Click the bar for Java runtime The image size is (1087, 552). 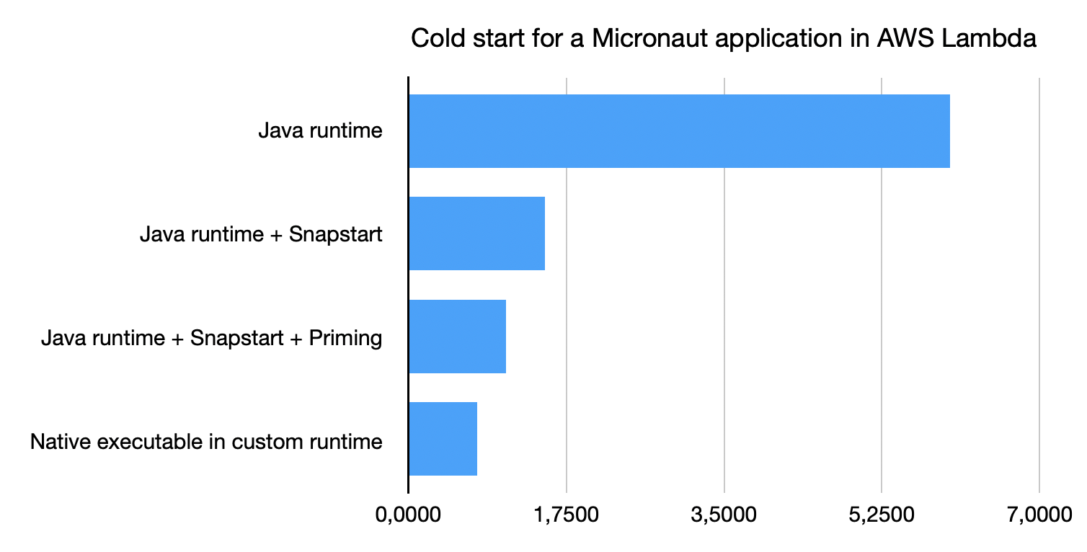(679, 131)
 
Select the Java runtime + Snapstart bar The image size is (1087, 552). (477, 233)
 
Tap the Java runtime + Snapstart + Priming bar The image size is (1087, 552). (458, 337)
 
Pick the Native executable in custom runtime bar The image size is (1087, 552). (443, 438)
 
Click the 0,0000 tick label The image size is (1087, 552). (408, 515)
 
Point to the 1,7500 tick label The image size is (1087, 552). (567, 515)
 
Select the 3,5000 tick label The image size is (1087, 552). (724, 515)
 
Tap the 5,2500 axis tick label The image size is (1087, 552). (882, 515)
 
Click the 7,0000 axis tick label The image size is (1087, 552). (1039, 515)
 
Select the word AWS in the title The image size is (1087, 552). (905, 38)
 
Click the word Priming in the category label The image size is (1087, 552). (345, 338)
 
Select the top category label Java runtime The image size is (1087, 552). (320, 130)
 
